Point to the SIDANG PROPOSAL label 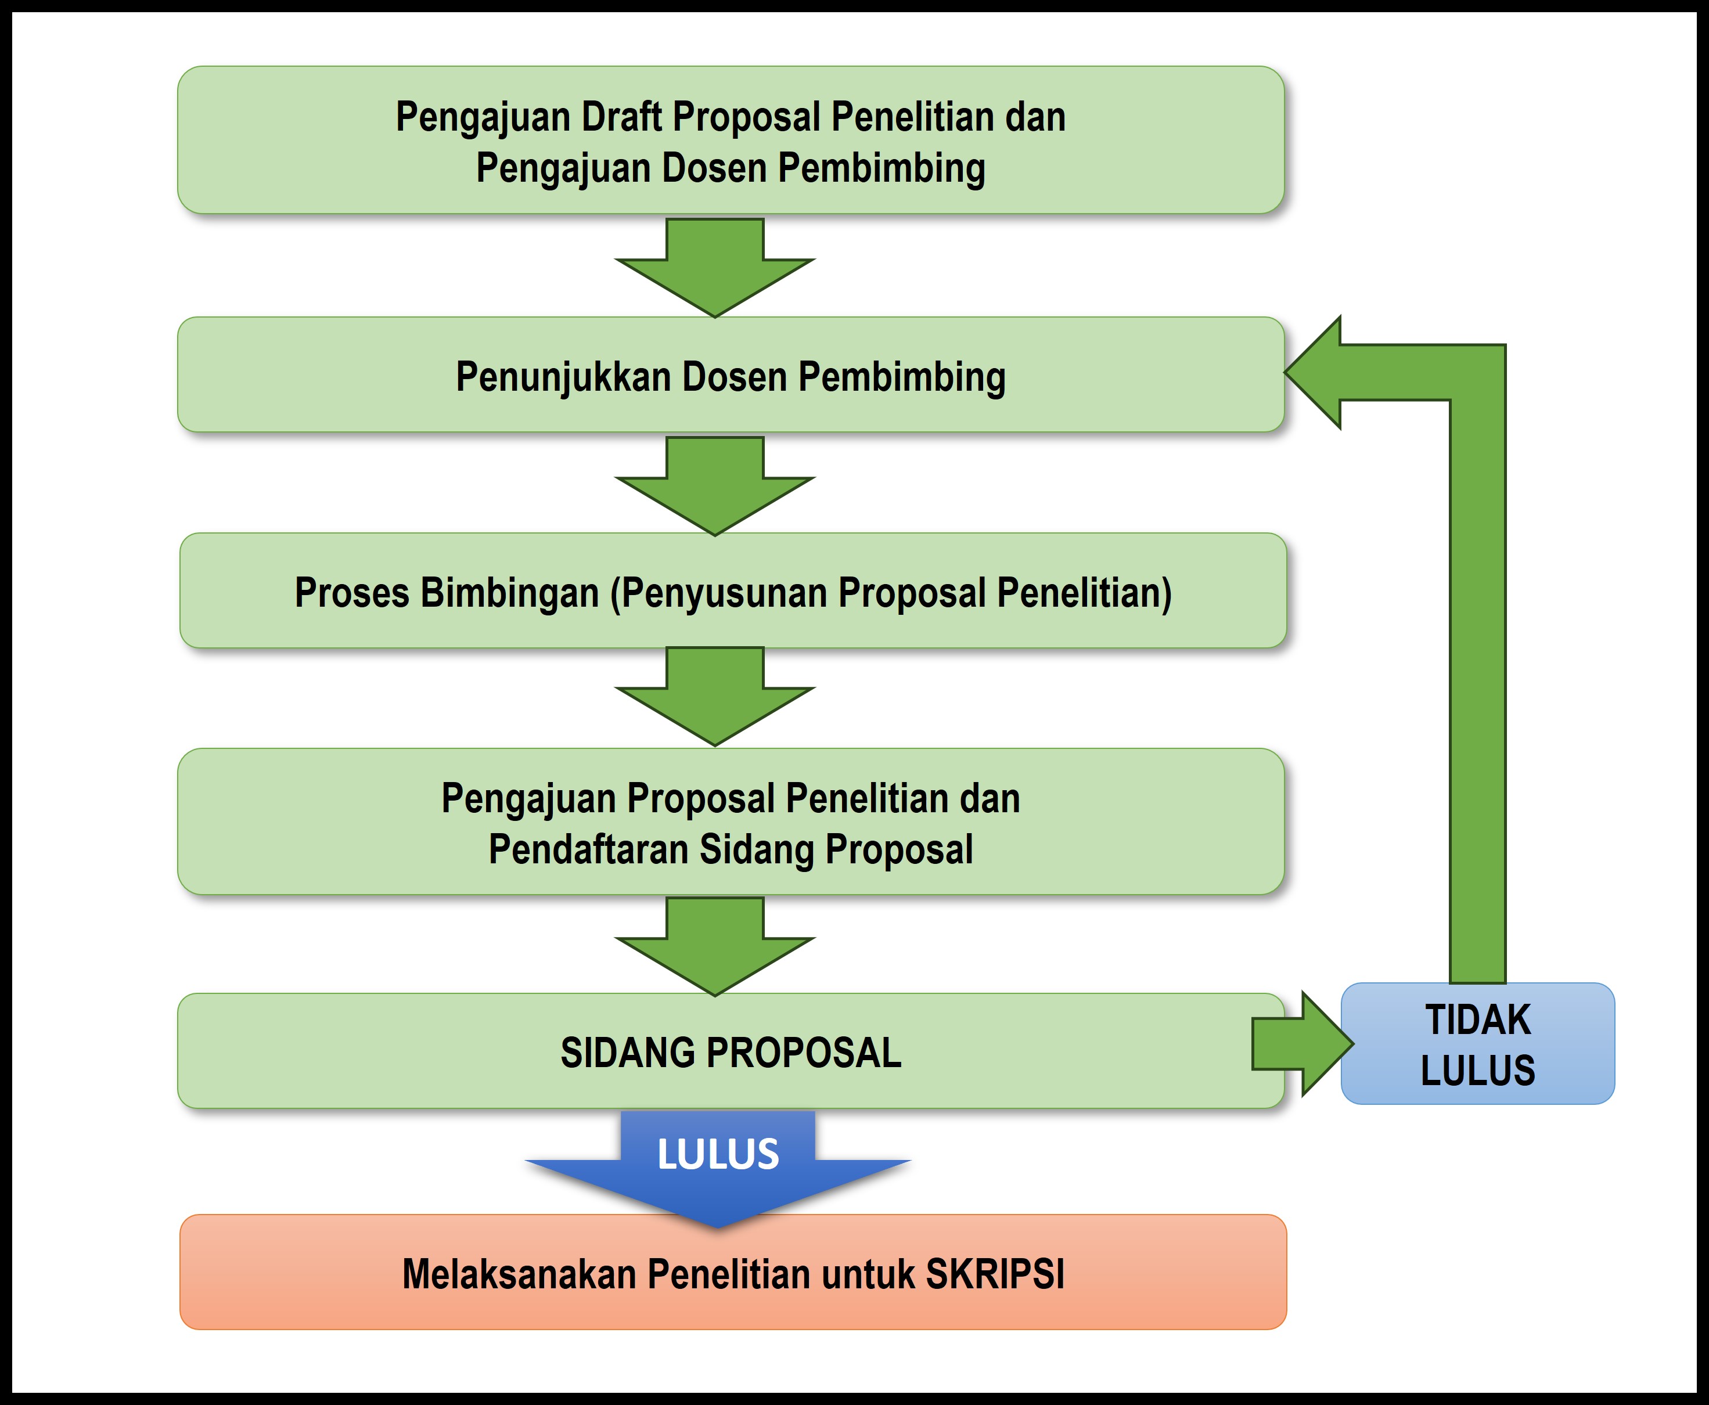click(x=731, y=1052)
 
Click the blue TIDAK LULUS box click(x=1477, y=1044)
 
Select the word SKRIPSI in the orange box click(x=995, y=1274)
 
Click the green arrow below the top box click(x=715, y=267)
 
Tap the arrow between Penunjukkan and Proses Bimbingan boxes click(x=715, y=485)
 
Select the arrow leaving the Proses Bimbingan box click(x=715, y=696)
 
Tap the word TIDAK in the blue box click(x=1477, y=1019)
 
